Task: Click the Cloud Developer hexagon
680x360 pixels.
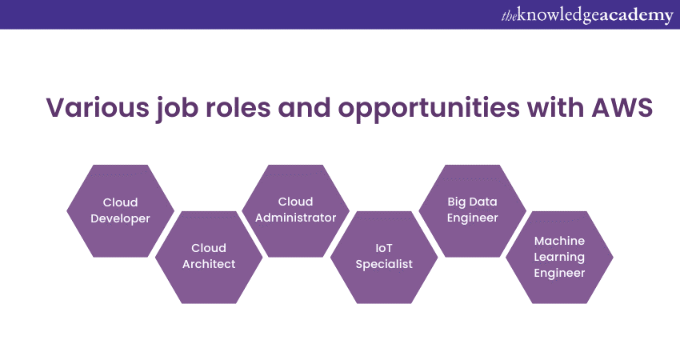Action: click(120, 210)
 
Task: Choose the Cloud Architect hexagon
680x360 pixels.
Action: click(208, 257)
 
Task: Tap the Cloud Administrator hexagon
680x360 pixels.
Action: click(295, 210)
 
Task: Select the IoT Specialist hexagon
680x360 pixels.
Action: click(384, 257)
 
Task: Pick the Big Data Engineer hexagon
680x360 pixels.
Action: click(472, 210)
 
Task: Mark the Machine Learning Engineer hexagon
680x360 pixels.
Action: click(559, 257)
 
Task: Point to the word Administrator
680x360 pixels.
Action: click(295, 218)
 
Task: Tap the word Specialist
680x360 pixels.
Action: click(384, 265)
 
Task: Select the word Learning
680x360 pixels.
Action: click(559, 257)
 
